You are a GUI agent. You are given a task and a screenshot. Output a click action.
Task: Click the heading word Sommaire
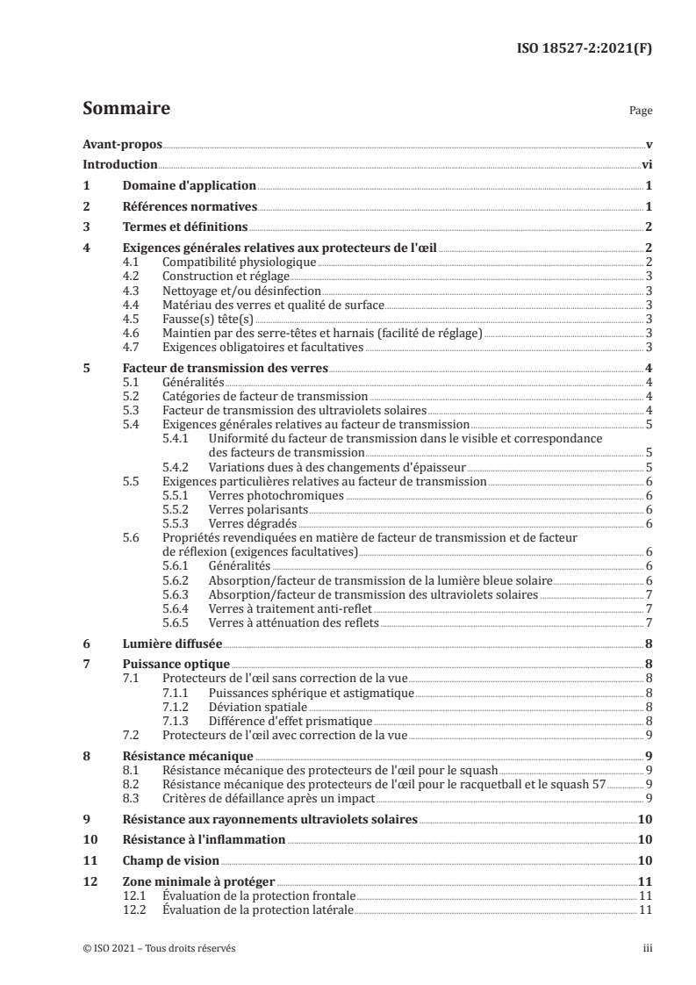[x=126, y=110]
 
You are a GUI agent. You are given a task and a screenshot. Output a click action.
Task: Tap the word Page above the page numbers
[x=641, y=112]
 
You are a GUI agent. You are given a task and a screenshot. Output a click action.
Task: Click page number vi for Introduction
[x=646, y=164]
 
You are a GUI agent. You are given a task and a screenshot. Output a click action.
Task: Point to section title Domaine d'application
[x=189, y=186]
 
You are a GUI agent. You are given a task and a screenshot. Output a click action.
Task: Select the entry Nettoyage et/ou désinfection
[x=242, y=291]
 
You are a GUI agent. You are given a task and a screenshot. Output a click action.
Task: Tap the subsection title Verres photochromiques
[x=263, y=495]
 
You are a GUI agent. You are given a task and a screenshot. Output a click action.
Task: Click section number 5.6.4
[x=179, y=608]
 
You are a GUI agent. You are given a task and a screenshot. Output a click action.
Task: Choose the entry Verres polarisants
[x=253, y=509]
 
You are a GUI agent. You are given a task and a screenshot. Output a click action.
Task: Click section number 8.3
[x=132, y=798]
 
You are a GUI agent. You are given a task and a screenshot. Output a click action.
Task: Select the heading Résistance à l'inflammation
[x=204, y=840]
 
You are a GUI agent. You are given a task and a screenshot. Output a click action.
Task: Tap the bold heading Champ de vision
[x=170, y=861]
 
